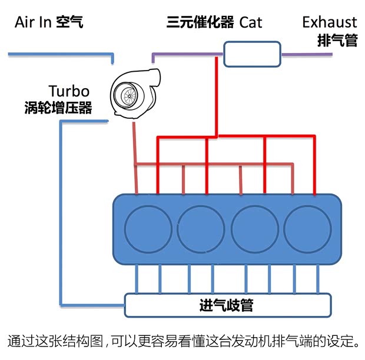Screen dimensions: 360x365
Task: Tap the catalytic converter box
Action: pos(250,54)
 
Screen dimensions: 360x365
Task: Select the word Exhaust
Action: pos(329,22)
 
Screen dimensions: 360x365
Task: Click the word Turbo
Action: pos(69,91)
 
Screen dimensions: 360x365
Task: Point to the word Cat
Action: pos(251,23)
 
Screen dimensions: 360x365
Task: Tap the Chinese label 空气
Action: pos(69,23)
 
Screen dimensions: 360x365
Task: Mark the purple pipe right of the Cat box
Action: pos(306,54)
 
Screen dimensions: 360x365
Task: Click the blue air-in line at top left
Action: pos(59,55)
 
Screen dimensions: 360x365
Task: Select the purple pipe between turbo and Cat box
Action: pos(188,54)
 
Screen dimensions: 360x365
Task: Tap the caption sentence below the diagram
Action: pos(182,341)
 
